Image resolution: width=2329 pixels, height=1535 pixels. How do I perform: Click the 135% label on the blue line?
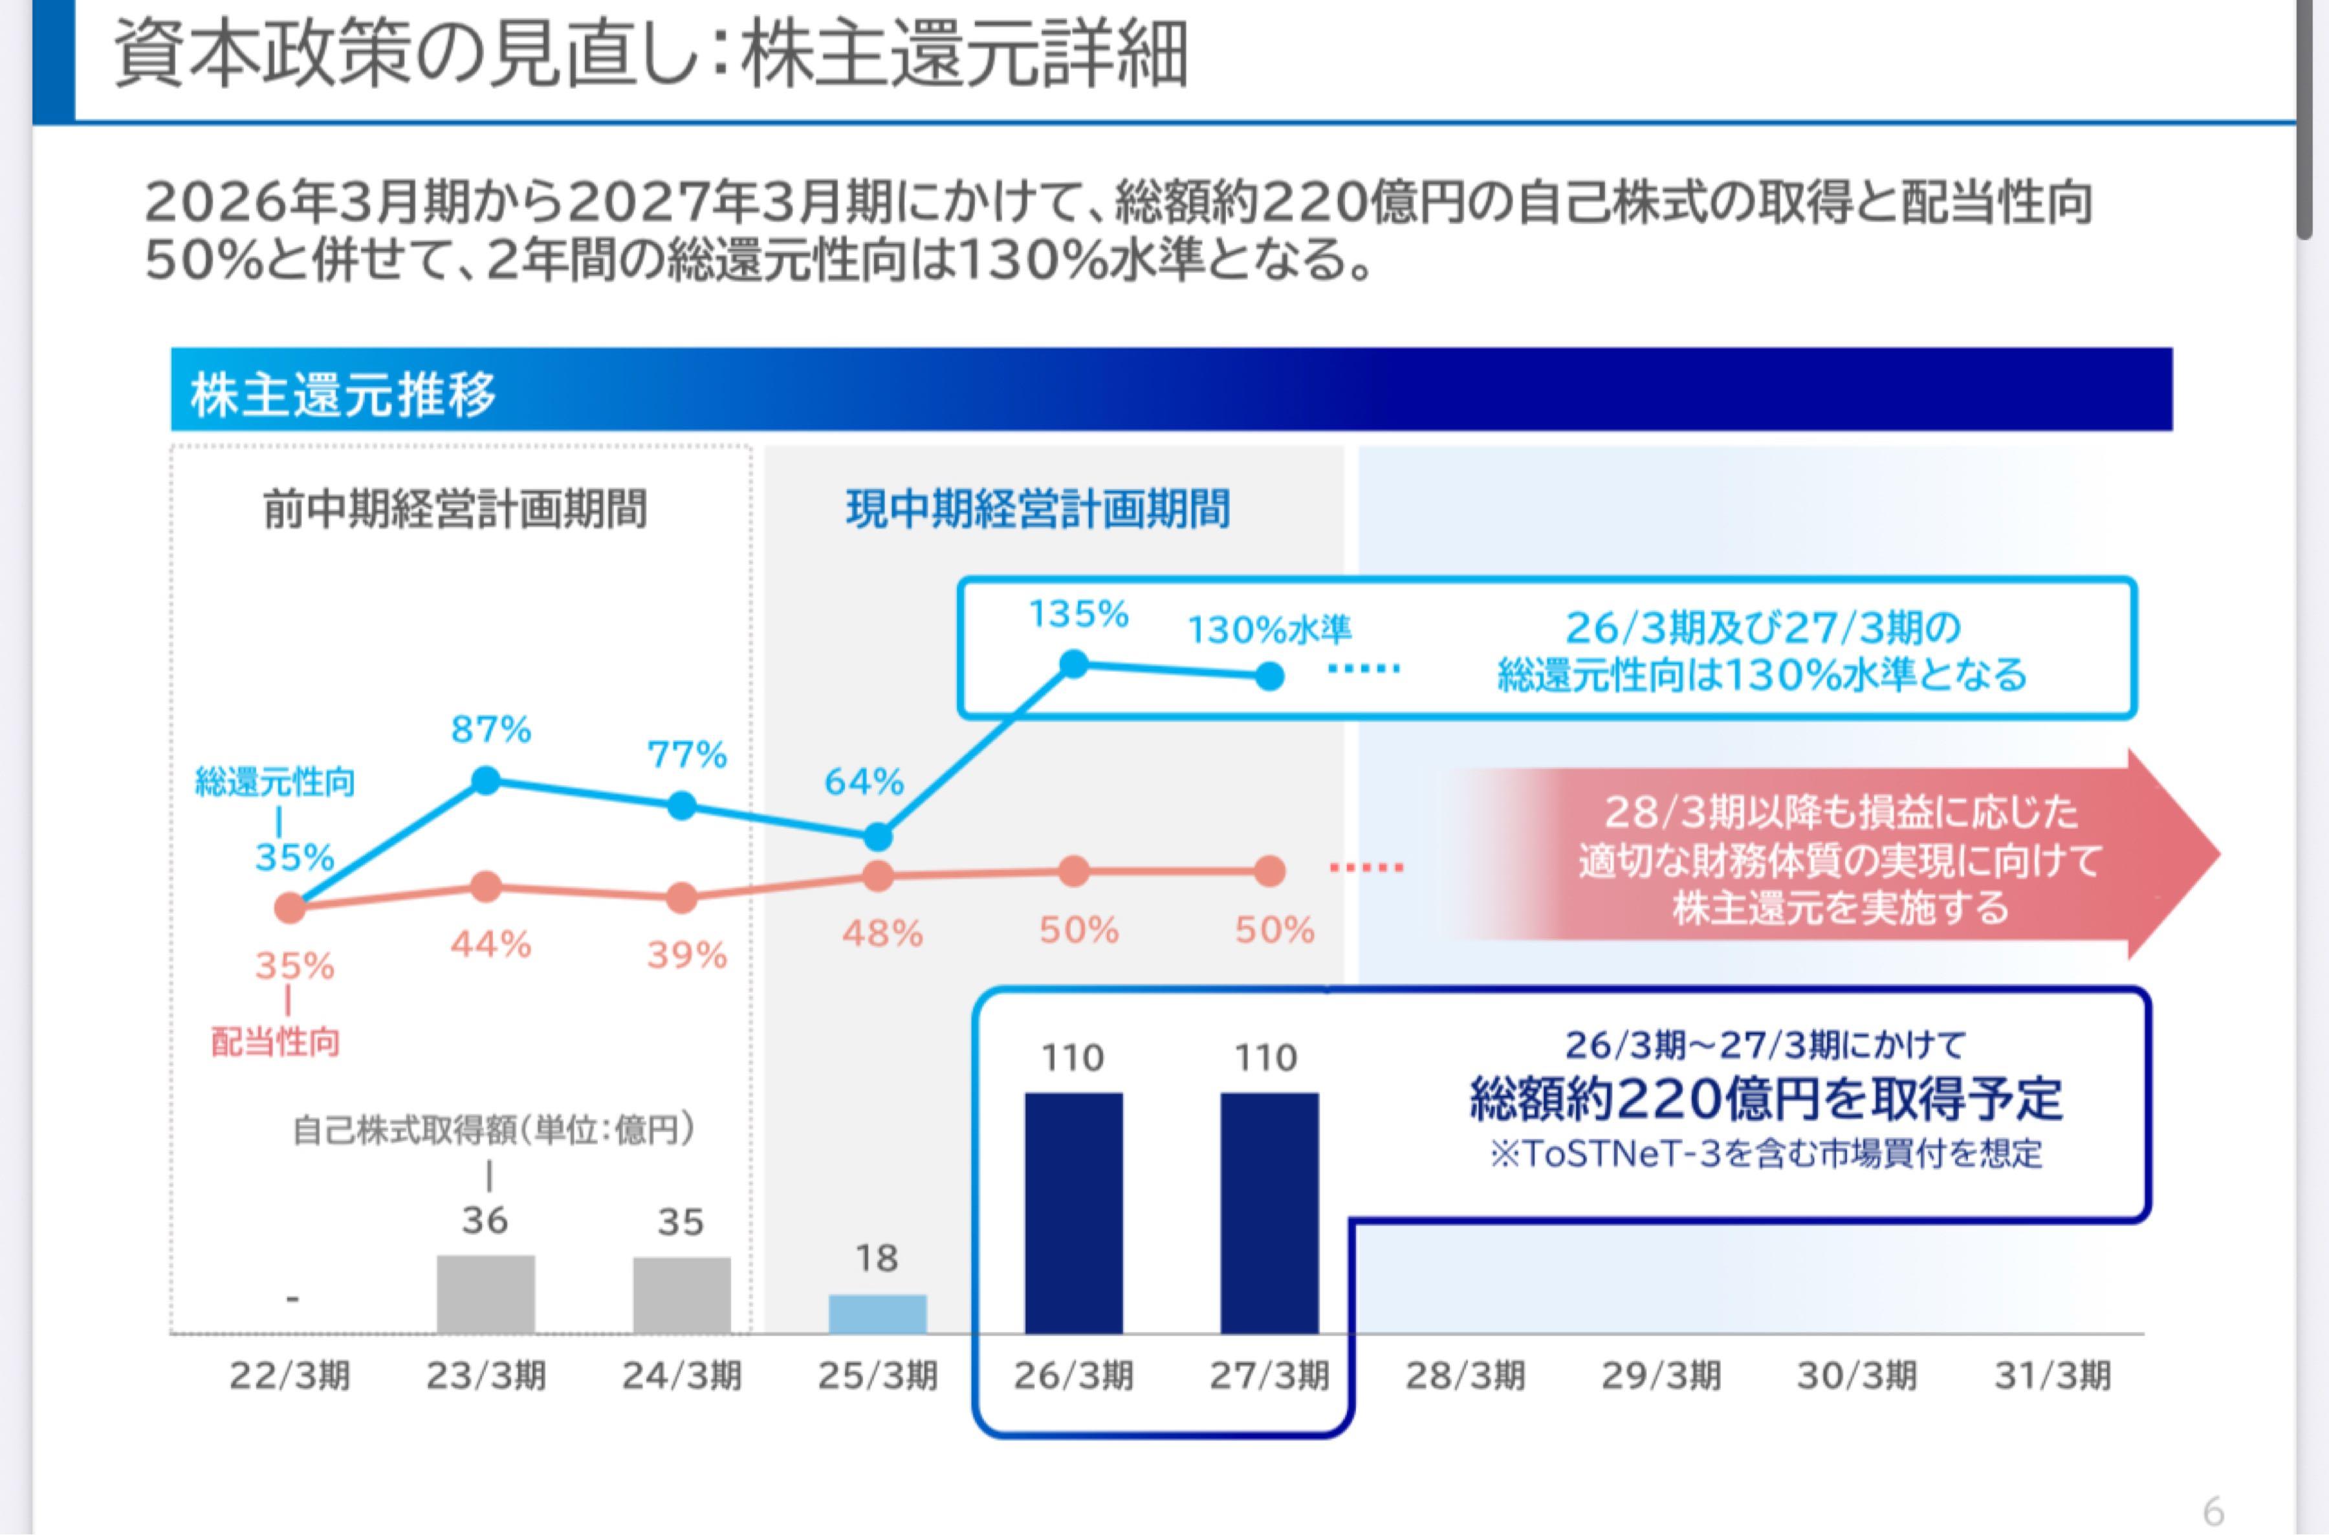(1078, 615)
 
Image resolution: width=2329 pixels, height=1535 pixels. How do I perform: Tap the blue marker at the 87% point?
(487, 780)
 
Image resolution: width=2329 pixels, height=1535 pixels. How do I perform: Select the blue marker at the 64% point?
(878, 838)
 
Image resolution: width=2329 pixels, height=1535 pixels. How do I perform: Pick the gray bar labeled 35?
(681, 1294)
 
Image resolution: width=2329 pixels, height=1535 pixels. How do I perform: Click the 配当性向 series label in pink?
(276, 1043)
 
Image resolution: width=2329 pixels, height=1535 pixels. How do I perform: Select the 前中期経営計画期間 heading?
(455, 510)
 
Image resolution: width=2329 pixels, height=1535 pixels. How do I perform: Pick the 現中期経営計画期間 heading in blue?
(1038, 510)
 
